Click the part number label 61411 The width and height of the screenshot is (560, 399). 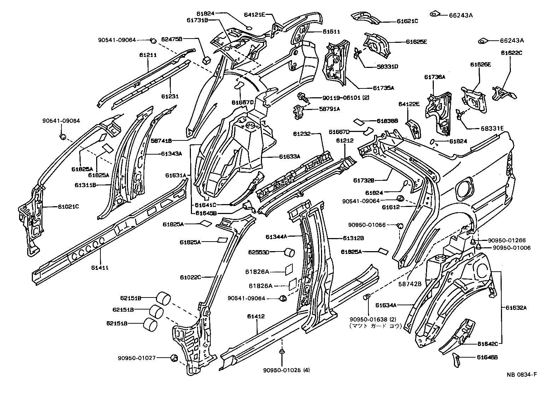[x=101, y=268]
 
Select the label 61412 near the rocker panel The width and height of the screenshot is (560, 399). [x=257, y=316]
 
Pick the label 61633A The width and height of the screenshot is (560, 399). [x=289, y=156]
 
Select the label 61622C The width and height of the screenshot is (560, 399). [x=511, y=53]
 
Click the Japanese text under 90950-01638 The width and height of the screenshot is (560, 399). [x=375, y=326]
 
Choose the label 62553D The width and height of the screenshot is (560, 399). [x=258, y=252]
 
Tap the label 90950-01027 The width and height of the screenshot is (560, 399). [x=137, y=358]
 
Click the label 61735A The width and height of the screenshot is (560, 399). [x=383, y=88]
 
